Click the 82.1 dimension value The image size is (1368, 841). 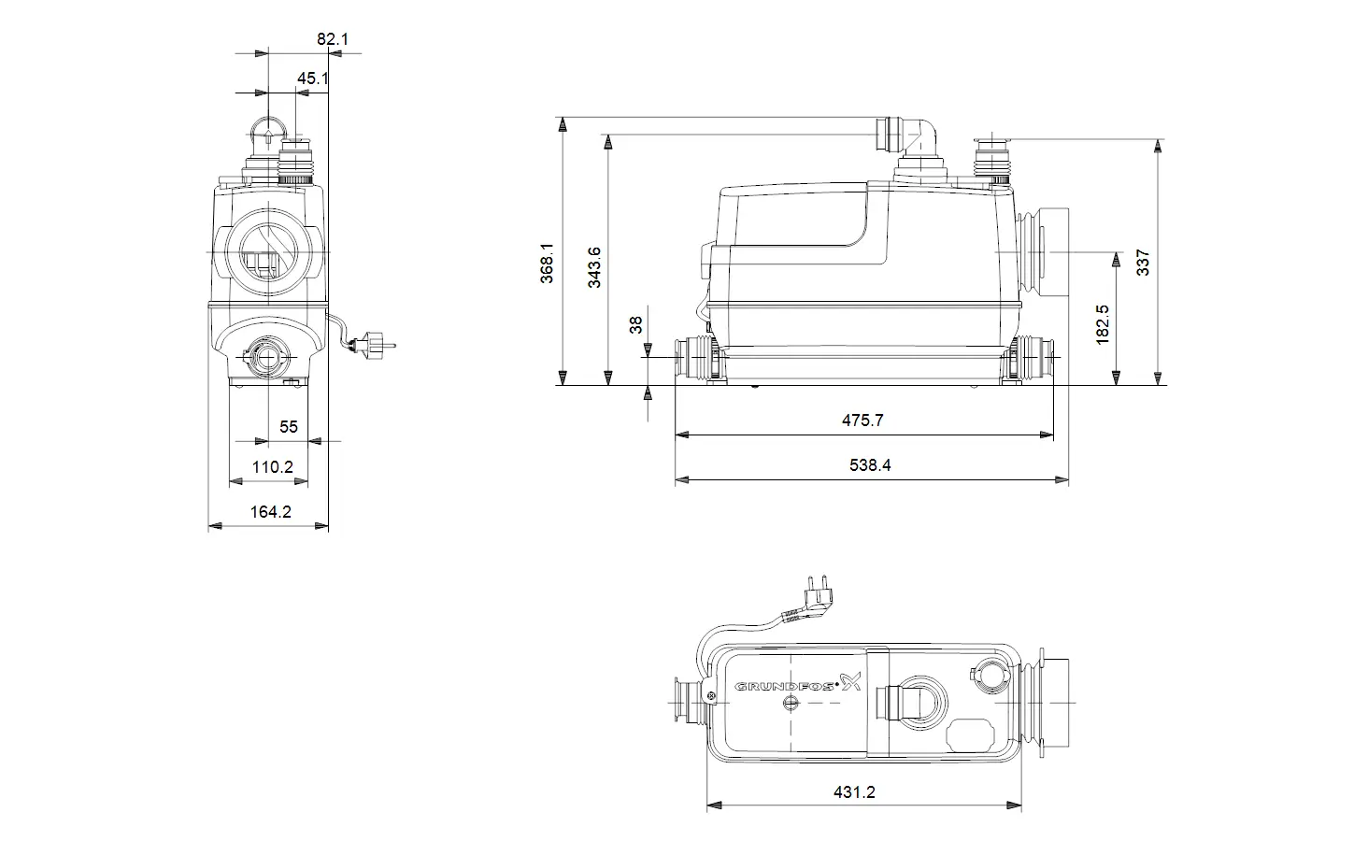(333, 39)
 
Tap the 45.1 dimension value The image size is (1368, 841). (313, 78)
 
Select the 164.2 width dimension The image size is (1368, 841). (271, 512)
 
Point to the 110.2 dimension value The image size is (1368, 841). (272, 467)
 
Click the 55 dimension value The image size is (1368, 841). (289, 426)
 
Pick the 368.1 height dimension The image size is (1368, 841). (547, 264)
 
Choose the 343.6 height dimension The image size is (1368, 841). (594, 267)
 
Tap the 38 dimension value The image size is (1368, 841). (635, 325)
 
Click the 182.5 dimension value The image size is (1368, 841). (1103, 325)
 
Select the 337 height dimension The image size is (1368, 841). (1143, 263)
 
